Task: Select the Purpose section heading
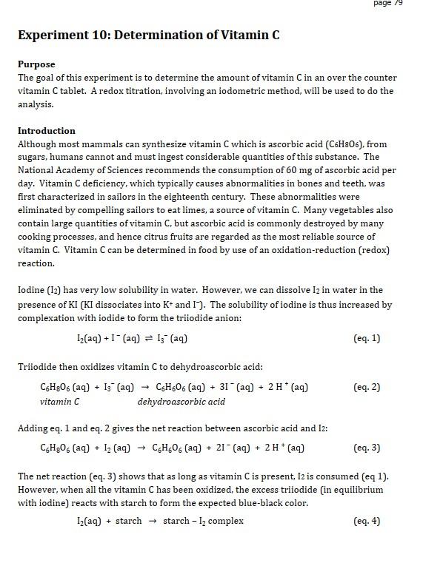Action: click(36, 64)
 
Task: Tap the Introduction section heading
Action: click(47, 131)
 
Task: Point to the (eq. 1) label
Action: click(367, 338)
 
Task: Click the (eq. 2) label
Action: click(367, 387)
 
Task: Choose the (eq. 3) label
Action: click(367, 448)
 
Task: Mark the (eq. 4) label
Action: click(367, 521)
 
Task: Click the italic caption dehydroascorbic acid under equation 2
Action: click(181, 402)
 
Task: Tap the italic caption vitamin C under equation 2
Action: click(60, 402)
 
